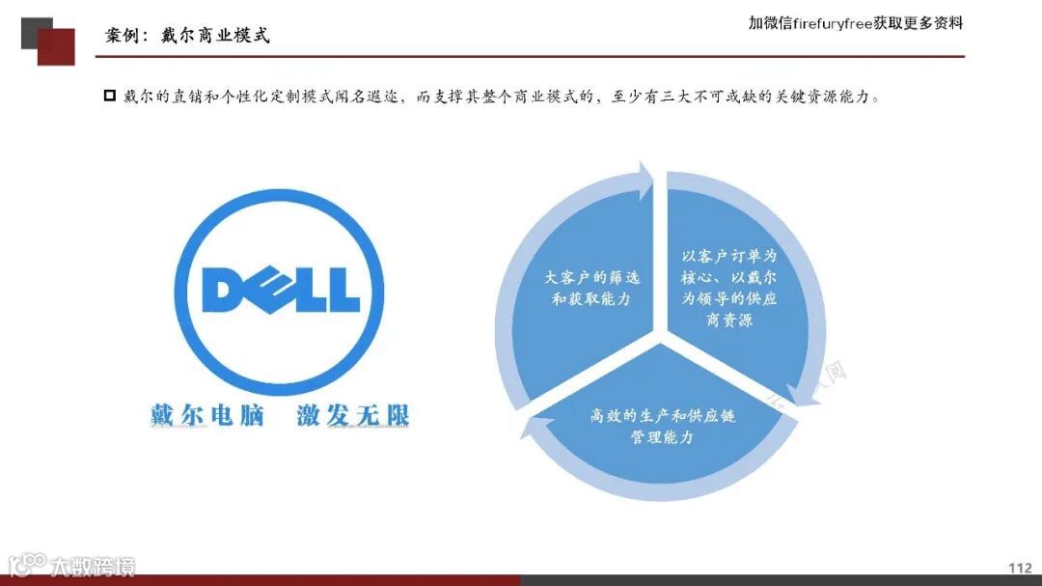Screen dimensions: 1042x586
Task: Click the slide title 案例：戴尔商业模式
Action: [x=187, y=36]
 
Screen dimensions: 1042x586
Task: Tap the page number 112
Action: [x=1019, y=568]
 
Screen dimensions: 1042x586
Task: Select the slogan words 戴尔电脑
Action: [x=207, y=415]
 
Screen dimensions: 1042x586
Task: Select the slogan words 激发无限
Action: [x=352, y=415]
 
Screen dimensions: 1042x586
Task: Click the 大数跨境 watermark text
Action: [x=93, y=566]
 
